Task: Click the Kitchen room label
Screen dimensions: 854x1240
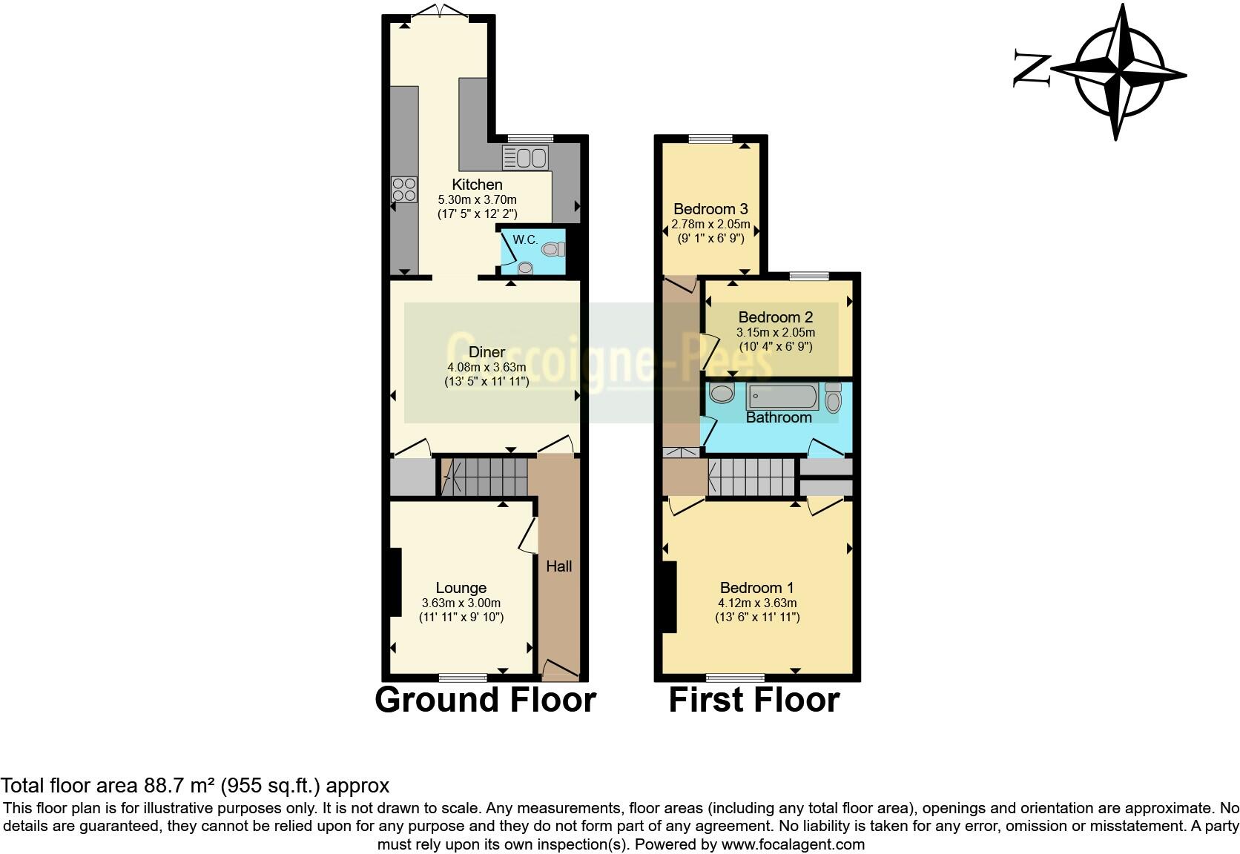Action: [x=477, y=185]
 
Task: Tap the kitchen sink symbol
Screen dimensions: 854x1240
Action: [x=524, y=158]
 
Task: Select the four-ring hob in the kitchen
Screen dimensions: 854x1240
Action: [x=404, y=190]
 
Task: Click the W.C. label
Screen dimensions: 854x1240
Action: [x=525, y=240]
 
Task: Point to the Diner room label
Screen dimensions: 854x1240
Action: [x=487, y=352]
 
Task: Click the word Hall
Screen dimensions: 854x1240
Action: [x=558, y=566]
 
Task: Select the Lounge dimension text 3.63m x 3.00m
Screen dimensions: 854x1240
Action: [x=461, y=603]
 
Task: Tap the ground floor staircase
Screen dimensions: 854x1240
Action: [x=486, y=476]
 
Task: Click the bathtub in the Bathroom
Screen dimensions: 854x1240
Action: [x=783, y=397]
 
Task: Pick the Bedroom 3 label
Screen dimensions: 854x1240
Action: [x=710, y=209]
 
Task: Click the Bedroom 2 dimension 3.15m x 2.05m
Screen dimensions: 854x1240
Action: [x=775, y=332]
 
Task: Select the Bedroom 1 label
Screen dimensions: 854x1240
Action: [x=756, y=589]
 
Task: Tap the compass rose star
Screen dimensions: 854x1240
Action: [x=1118, y=72]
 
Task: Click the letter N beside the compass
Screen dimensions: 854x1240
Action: [x=1032, y=70]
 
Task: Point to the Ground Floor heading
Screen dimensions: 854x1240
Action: [x=485, y=700]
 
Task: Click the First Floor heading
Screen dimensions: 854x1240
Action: [x=753, y=700]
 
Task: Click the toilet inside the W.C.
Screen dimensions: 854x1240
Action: [x=551, y=250]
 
